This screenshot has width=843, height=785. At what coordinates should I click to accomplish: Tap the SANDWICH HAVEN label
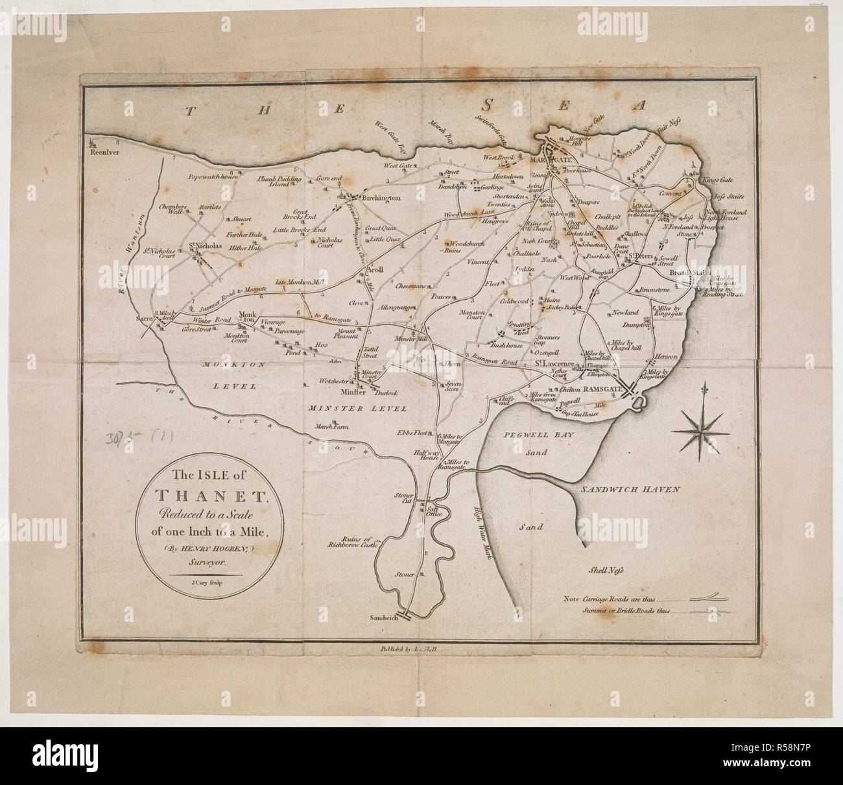pos(629,490)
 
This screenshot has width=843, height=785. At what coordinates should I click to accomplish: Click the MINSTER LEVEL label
pos(357,409)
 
